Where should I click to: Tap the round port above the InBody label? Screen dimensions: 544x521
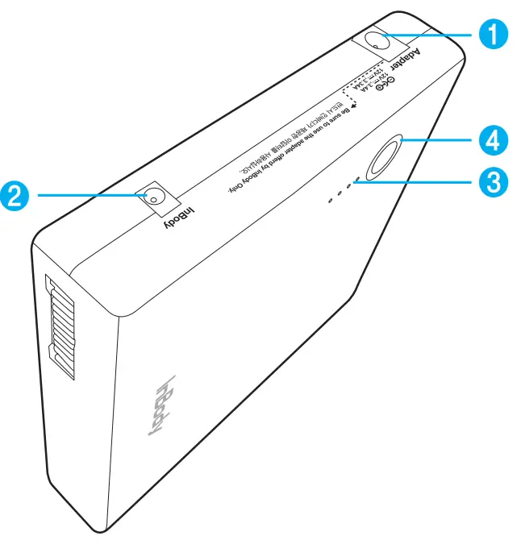click(152, 197)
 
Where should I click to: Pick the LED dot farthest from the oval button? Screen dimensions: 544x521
click(330, 199)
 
